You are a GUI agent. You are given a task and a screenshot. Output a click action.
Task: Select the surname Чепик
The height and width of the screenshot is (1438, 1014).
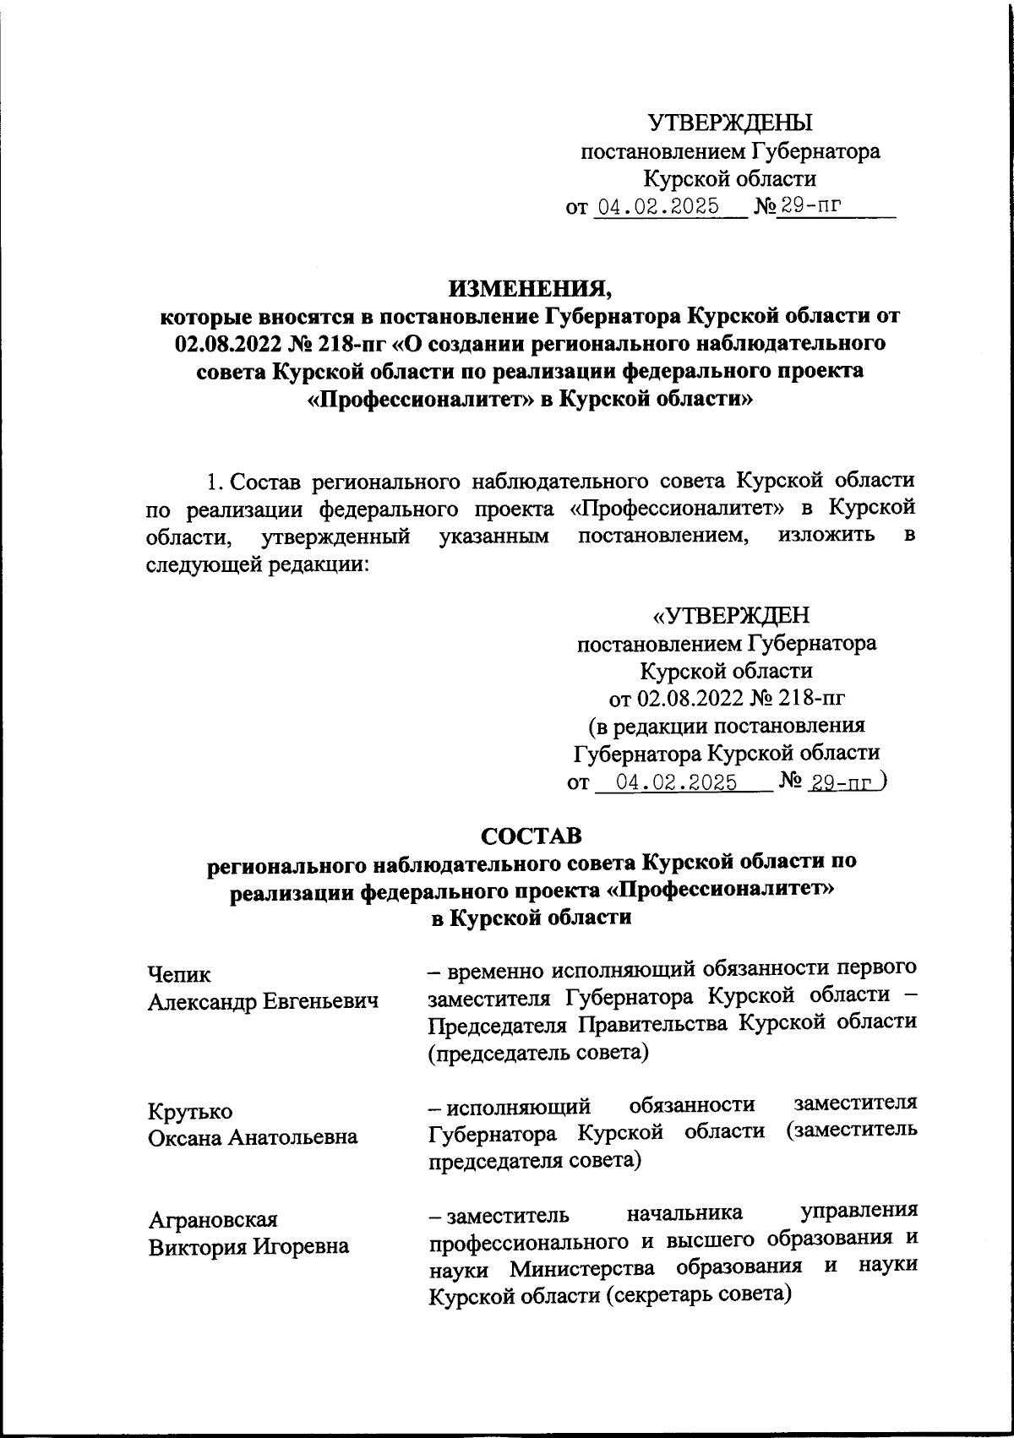coord(177,974)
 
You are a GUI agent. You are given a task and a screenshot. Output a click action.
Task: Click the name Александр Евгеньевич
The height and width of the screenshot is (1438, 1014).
coord(262,1002)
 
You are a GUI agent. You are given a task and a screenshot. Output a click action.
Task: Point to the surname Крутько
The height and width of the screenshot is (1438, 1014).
coord(190,1110)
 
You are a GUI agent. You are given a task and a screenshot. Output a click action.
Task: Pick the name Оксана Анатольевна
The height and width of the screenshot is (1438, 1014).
coord(253,1137)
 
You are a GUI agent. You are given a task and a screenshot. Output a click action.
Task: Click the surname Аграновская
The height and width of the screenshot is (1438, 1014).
coord(213,1219)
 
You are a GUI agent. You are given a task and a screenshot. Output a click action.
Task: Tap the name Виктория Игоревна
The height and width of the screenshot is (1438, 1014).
coord(248,1246)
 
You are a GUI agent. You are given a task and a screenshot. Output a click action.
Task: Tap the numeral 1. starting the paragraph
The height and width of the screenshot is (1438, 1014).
coord(215,481)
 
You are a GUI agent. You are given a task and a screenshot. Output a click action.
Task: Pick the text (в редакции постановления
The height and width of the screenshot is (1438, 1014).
coord(726,725)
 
